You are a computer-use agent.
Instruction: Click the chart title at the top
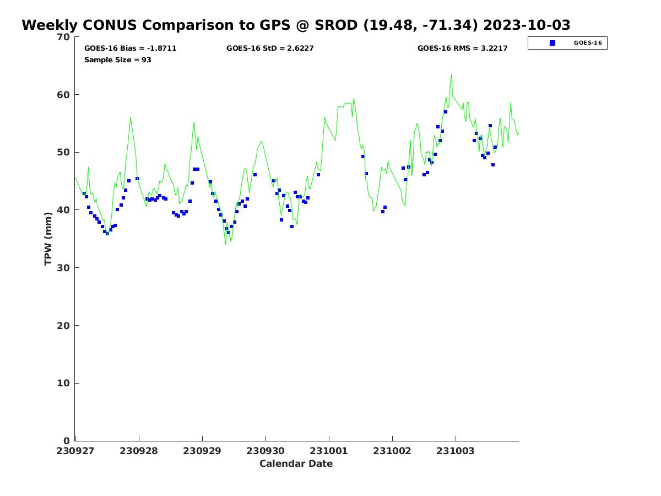tap(296, 25)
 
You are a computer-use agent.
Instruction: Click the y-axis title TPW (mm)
tap(48, 239)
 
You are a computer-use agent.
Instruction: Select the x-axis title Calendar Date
tap(296, 463)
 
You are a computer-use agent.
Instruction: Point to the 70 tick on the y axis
tap(64, 37)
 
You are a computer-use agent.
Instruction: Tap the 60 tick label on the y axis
tap(64, 95)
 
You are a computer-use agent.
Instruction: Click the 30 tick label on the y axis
tap(64, 268)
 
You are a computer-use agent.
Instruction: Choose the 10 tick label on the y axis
tap(64, 384)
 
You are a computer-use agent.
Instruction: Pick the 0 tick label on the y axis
tap(67, 441)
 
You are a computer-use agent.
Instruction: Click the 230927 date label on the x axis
tap(75, 451)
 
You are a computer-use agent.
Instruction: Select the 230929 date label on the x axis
tap(202, 451)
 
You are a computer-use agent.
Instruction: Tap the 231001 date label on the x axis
tap(329, 451)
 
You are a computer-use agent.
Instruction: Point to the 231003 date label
tap(456, 451)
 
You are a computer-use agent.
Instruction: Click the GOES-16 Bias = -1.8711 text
tap(130, 48)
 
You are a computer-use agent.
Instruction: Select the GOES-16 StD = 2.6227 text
tap(270, 48)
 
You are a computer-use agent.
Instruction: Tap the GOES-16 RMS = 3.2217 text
tap(462, 48)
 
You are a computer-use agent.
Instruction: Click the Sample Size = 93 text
tap(117, 60)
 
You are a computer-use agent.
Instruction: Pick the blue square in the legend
tap(552, 43)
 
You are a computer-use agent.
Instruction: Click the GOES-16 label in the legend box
tap(587, 43)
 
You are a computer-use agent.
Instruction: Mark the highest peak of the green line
tap(451, 74)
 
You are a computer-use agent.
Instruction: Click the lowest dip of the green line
tap(225, 244)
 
